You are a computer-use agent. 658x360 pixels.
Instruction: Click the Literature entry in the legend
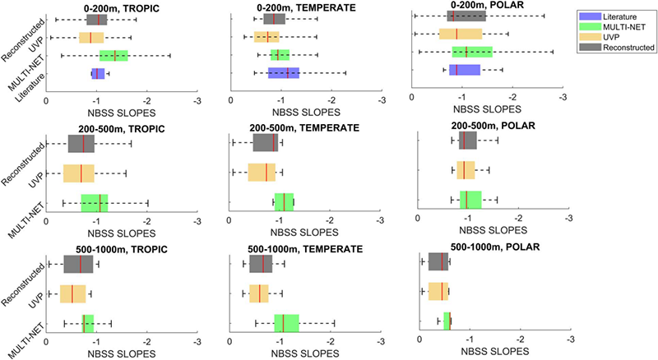[x=616, y=16]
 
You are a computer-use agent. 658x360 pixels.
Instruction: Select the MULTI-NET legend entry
[x=618, y=26]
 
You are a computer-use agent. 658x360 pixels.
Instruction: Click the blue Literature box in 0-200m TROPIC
[x=98, y=74]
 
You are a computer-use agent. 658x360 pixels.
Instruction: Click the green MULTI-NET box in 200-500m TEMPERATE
[x=284, y=202]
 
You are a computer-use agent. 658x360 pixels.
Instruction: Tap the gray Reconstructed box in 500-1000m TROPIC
[x=78, y=264]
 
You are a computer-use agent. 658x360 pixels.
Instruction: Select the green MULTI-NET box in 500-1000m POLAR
[x=447, y=321]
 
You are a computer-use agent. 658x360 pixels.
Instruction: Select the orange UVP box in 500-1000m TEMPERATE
[x=265, y=293]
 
